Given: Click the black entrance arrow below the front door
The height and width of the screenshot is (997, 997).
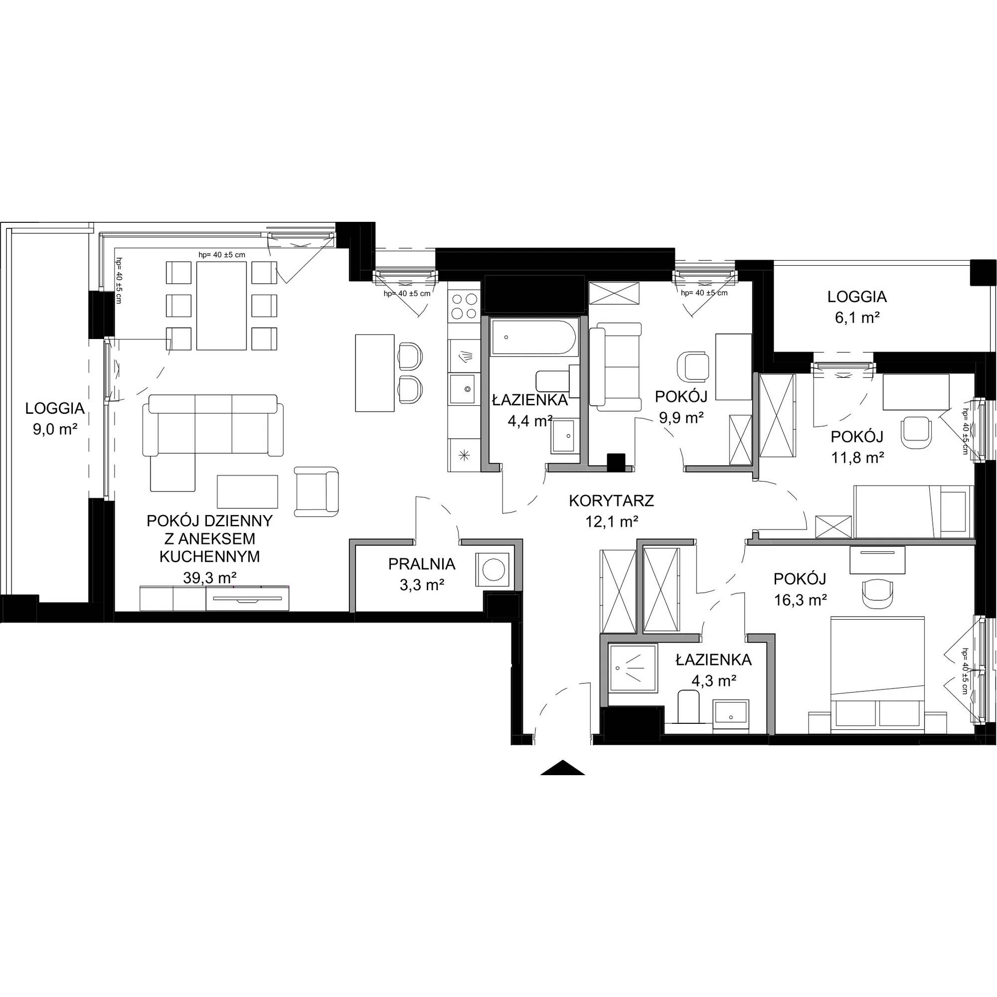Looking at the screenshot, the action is [x=562, y=768].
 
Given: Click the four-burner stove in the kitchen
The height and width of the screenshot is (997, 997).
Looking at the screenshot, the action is [x=464, y=306].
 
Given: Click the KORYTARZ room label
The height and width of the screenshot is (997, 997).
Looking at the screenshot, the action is [x=612, y=500].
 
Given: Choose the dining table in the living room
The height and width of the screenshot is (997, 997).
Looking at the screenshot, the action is [x=221, y=306].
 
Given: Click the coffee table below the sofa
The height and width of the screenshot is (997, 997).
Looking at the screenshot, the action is [x=248, y=492].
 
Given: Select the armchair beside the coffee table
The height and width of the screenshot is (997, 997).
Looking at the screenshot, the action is [x=317, y=492].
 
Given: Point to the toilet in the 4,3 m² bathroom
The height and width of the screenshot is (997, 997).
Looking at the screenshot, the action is [x=687, y=707].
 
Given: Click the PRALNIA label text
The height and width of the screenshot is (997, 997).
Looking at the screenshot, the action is [x=422, y=564].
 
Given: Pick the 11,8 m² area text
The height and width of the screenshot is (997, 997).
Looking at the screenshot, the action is [x=857, y=457].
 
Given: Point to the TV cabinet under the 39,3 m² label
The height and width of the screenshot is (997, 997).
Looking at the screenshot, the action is [x=214, y=598].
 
